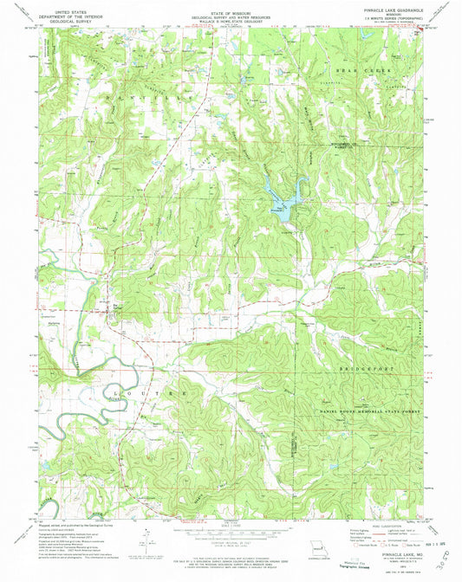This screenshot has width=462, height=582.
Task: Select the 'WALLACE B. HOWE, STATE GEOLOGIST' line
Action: click(231, 23)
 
